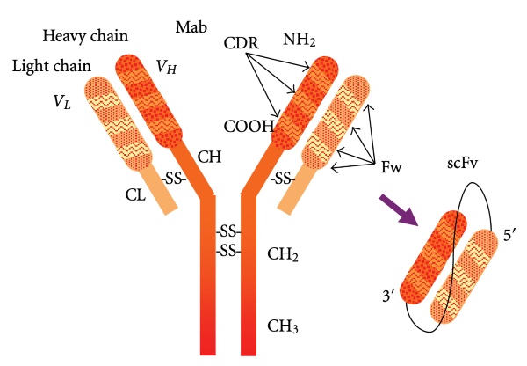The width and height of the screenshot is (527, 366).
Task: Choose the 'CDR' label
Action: click(x=240, y=42)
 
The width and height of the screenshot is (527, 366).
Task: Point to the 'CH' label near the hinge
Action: click(x=208, y=158)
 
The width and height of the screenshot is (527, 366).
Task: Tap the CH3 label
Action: click(x=283, y=328)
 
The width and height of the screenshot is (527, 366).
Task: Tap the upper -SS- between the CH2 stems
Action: click(x=228, y=232)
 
